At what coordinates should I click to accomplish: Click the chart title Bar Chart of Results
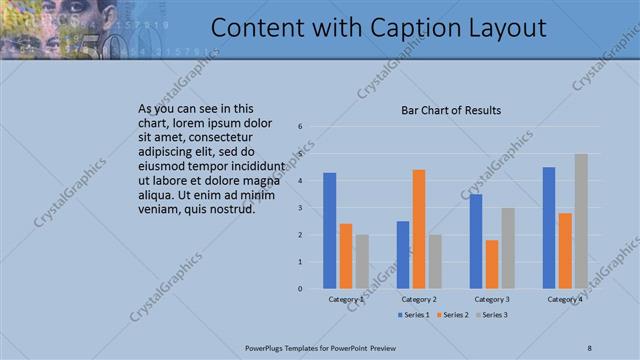tap(451, 110)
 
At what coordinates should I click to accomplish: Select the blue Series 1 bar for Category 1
tap(330, 230)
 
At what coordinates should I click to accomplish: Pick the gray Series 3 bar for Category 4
tap(581, 221)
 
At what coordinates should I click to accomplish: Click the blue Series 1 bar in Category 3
tap(476, 241)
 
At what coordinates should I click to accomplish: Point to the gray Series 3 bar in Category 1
tap(362, 261)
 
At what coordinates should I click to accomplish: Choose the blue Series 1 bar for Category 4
tap(549, 227)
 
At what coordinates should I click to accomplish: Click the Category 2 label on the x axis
tap(419, 299)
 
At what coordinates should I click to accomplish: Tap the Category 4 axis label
tap(565, 299)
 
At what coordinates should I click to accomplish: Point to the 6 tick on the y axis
tap(301, 127)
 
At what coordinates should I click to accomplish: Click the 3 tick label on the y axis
tap(301, 208)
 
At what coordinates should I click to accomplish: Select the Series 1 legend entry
tap(414, 315)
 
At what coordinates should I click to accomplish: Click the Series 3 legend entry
tap(491, 315)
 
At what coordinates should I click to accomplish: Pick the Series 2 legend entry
tap(452, 315)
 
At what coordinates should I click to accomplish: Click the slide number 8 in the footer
tap(590, 347)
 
